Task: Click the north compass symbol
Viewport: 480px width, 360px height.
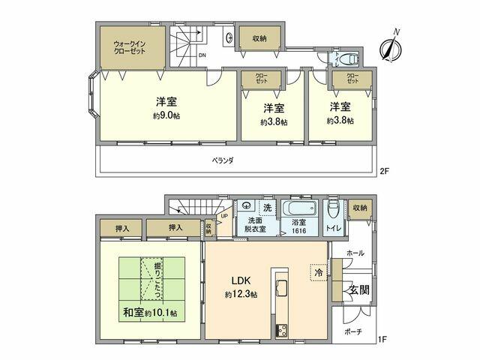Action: [x=391, y=48]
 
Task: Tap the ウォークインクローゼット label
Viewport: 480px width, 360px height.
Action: [x=129, y=47]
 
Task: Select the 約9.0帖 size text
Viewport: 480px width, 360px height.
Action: [x=166, y=115]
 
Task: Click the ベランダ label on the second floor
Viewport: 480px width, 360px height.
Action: [x=223, y=160]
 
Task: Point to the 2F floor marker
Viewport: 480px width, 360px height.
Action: [x=384, y=171]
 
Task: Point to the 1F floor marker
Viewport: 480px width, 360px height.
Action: [x=382, y=339]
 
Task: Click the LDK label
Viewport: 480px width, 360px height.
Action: [x=241, y=280]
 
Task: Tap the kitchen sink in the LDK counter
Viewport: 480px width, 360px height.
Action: [x=282, y=288]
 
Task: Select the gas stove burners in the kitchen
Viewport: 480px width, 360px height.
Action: [x=282, y=331]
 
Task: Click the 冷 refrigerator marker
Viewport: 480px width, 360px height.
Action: [x=319, y=272]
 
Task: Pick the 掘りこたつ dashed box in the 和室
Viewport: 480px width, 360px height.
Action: [x=152, y=278]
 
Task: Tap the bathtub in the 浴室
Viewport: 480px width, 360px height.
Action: [x=298, y=208]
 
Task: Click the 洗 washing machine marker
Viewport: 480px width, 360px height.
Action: [x=267, y=208]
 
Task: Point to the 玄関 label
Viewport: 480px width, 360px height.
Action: [x=359, y=290]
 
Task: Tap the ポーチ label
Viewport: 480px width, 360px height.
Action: [x=353, y=331]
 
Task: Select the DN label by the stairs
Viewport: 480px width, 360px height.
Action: [x=202, y=55]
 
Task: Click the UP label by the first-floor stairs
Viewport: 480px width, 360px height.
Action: [x=224, y=216]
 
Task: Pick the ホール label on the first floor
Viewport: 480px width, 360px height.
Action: [x=355, y=253]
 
